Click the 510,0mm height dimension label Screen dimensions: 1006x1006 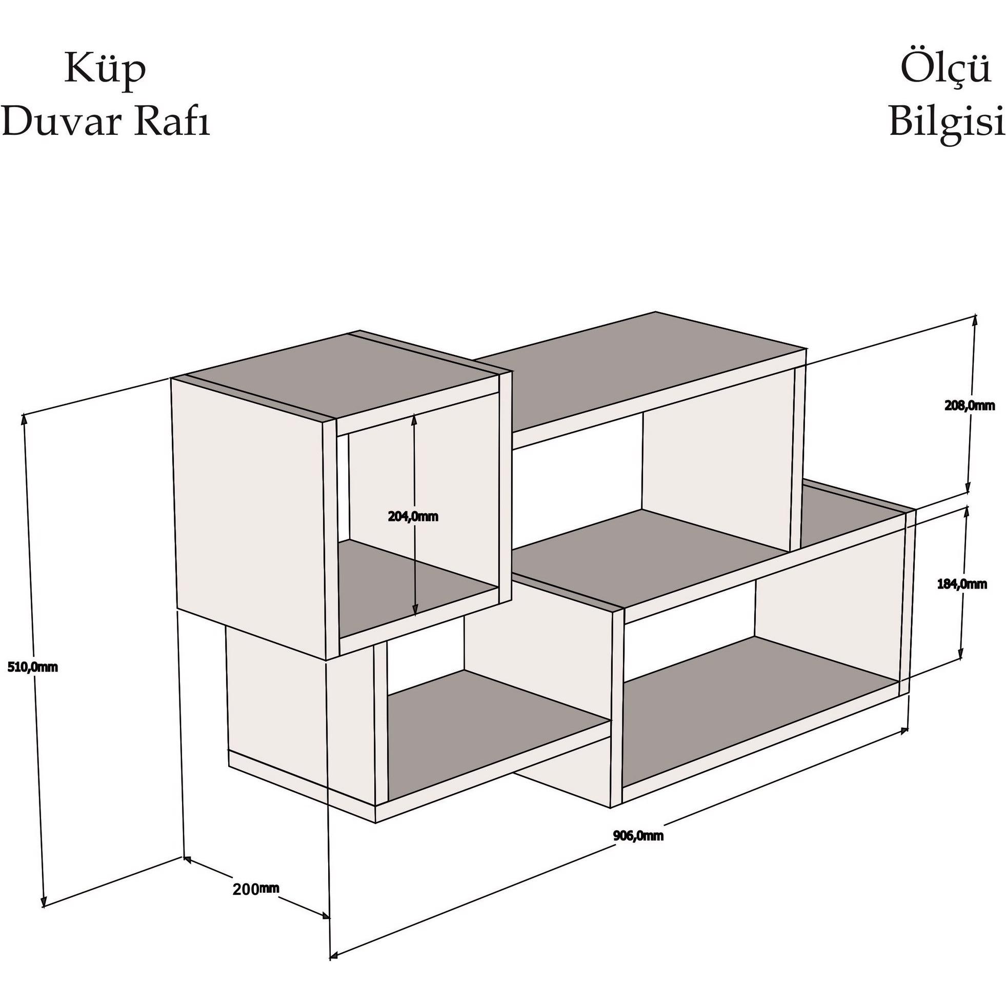32,667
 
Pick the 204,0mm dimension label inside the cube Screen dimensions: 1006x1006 413,516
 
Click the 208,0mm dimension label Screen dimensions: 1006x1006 970,406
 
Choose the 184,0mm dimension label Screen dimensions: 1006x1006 962,584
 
